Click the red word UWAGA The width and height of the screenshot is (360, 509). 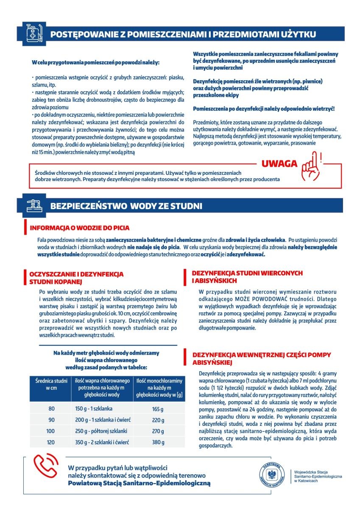click(x=279, y=164)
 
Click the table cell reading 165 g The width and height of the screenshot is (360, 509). click(x=157, y=409)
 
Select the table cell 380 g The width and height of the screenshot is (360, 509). click(x=157, y=442)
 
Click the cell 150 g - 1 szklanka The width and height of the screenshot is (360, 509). click(x=91, y=409)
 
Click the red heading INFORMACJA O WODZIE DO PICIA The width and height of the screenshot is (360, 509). click(x=79, y=228)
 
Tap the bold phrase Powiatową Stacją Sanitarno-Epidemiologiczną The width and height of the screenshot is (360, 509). click(x=140, y=483)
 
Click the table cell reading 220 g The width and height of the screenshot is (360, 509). click(x=157, y=420)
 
